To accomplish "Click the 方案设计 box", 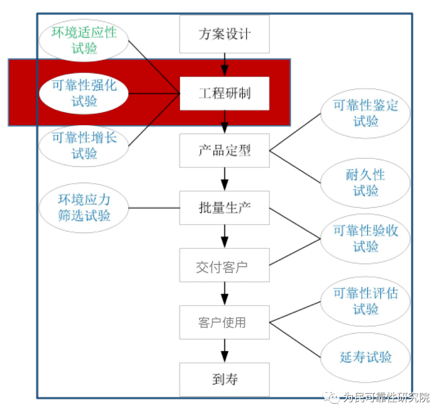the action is tap(225, 34).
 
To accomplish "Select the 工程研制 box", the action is tap(225, 93).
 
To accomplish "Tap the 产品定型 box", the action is tap(225, 151).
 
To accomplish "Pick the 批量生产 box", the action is tap(225, 208).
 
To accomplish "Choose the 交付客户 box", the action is tap(225, 265).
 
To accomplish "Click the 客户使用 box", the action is tap(225, 322).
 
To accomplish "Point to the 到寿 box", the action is tap(225, 380).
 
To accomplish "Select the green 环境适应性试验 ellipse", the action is tap(84, 40).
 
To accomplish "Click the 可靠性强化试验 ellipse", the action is tap(84, 93).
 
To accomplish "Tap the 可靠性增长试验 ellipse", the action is tap(84, 146).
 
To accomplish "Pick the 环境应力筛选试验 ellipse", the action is tap(84, 208).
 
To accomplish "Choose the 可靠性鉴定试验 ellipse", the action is tap(366, 113).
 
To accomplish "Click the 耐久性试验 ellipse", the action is tap(366, 183).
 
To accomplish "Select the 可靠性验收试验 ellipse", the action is tap(366, 239).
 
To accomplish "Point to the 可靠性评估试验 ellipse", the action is tap(366, 302).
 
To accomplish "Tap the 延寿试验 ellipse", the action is tap(366, 358).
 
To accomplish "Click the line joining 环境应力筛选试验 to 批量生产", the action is tap(154, 208).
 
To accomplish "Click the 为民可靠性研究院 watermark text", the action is tap(386, 397).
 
